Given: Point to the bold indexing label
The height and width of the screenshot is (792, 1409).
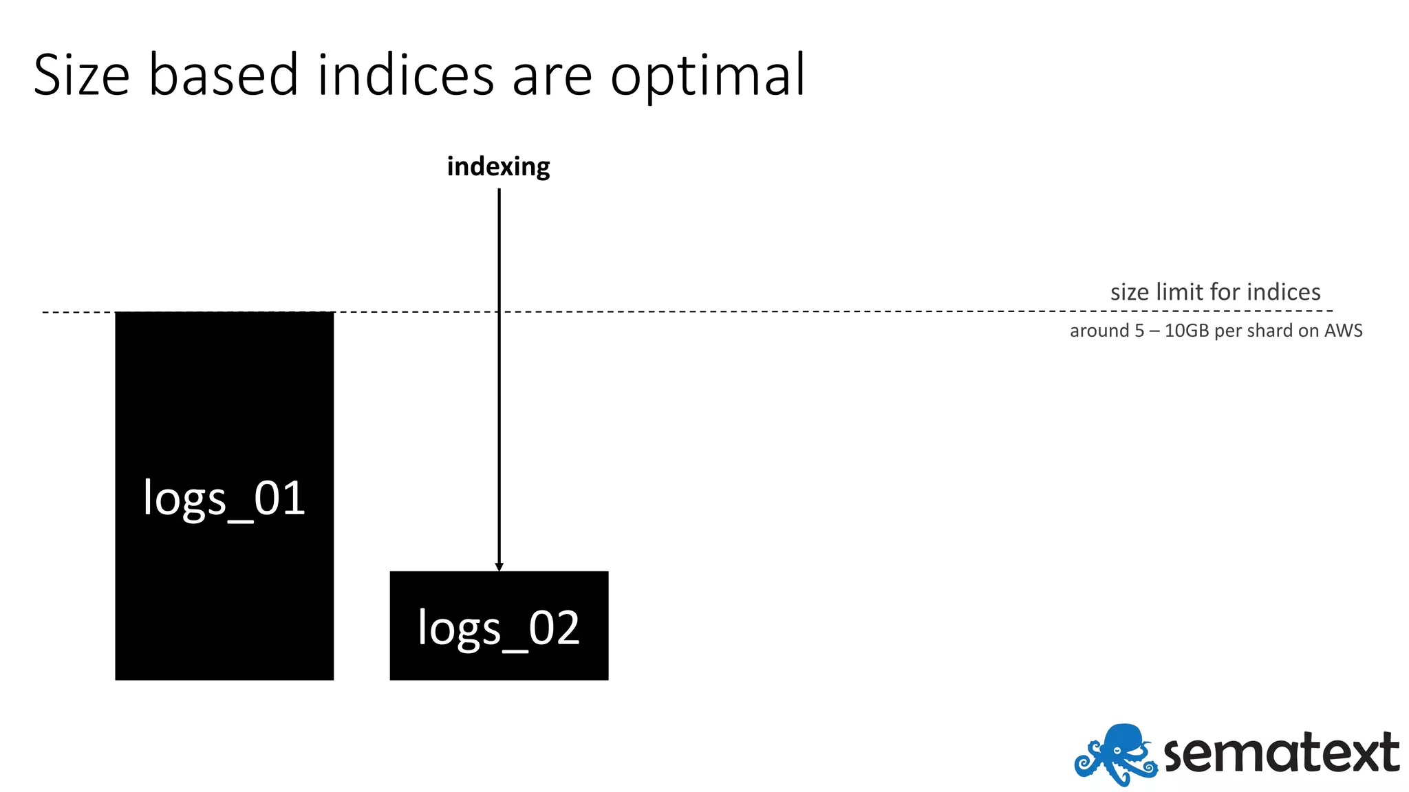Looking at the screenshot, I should coord(498,167).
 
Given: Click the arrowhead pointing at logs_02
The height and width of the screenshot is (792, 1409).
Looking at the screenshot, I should coord(499,566).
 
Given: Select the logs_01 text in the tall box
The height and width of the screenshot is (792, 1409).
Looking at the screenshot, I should coord(224,498).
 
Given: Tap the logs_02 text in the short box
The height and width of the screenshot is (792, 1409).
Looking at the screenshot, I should coord(499,628).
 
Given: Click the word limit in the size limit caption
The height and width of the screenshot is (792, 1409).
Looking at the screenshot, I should coord(1179,292).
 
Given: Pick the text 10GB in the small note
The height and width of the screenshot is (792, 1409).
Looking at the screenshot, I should coord(1186,331).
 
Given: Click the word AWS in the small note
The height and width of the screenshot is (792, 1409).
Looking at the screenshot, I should coord(1343,331).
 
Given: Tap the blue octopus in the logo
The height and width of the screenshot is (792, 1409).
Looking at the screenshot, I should coord(1115,753).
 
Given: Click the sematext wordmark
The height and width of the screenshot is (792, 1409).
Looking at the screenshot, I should coord(1281,753).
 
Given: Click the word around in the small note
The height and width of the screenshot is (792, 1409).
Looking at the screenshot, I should coord(1099,331).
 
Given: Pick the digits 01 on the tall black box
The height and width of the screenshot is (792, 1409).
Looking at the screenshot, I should coord(279,498).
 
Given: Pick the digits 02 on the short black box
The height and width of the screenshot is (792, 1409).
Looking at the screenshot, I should coord(554,628).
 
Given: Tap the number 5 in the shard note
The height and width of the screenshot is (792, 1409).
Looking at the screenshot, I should coord(1139,331).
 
